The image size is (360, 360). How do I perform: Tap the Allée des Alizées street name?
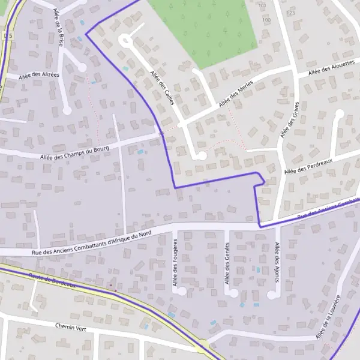[39, 75]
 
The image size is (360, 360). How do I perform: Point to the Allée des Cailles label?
[162, 88]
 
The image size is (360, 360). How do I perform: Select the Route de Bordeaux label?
[53, 280]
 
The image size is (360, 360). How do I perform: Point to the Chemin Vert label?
[71, 327]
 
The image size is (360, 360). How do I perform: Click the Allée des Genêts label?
[227, 264]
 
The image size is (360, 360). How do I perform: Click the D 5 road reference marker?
[7, 37]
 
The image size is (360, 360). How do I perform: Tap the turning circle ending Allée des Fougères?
[182, 291]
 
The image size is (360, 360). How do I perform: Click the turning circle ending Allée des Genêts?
[233, 293]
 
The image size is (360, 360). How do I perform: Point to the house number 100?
[266, 20]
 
